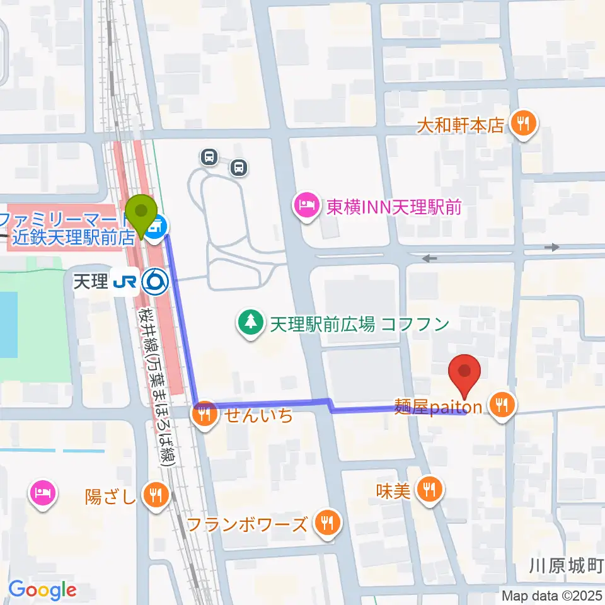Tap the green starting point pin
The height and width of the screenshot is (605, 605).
click(x=142, y=214)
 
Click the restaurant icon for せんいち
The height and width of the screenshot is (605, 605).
click(x=203, y=415)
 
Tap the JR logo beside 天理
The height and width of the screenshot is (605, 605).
click(x=125, y=281)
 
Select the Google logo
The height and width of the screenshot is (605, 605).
click(x=42, y=591)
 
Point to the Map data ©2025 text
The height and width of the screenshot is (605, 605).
click(x=553, y=595)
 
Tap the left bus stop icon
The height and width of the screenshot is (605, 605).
click(x=209, y=156)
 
